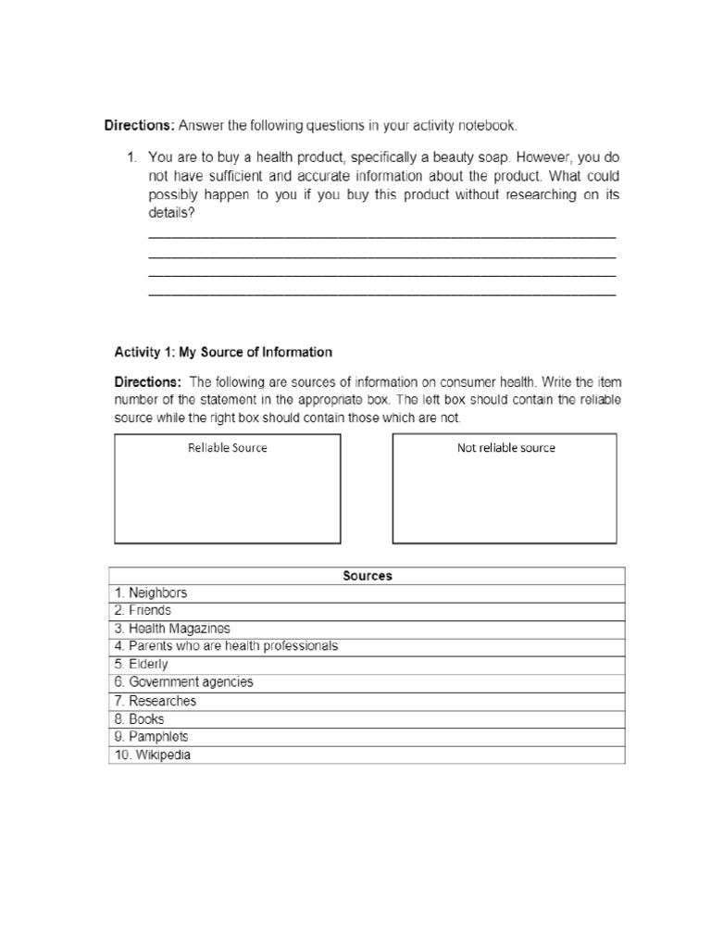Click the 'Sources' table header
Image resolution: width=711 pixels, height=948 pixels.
[x=368, y=575]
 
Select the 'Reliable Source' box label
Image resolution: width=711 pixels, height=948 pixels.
[x=227, y=448]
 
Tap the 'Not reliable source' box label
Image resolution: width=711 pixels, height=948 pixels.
[x=505, y=448]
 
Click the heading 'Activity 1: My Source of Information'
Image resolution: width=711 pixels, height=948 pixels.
[x=222, y=352]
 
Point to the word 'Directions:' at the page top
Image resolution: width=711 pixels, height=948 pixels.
[x=139, y=125]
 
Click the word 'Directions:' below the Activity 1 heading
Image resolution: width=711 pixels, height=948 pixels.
[x=148, y=381]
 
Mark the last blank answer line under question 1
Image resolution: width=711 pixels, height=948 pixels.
[x=381, y=294]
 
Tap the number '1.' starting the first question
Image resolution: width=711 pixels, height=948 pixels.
[x=132, y=157]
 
